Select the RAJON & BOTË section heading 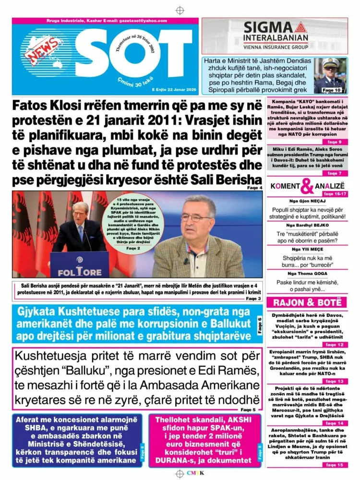(x=307, y=302)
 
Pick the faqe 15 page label (x=334, y=465)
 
